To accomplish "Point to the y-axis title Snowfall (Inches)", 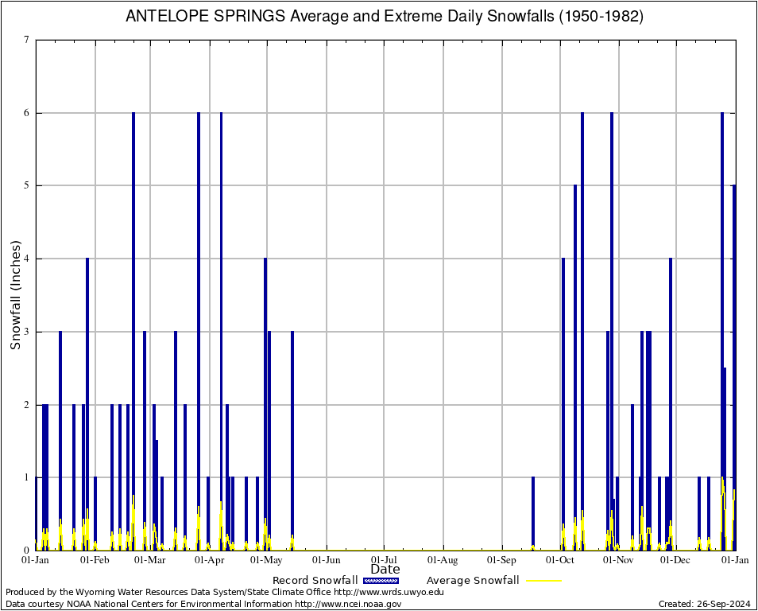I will coord(15,294).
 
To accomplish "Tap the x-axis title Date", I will coord(385,569).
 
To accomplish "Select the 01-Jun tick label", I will coord(327,560).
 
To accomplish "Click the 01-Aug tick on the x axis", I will coord(443,560).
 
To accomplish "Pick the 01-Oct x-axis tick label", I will coord(560,560).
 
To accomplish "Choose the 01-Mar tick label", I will coord(149,560).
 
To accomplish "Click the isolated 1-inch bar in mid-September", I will coord(533,513).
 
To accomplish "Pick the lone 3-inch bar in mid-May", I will coord(292,438).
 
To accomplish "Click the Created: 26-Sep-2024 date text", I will coord(704,604).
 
